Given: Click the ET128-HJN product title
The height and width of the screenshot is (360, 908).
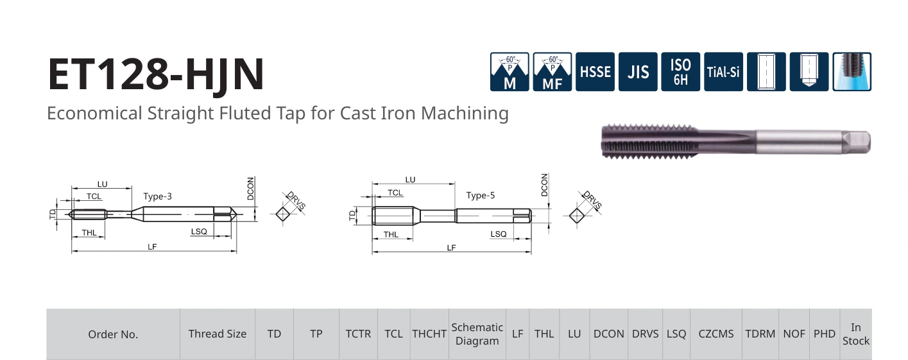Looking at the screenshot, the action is click(x=156, y=75).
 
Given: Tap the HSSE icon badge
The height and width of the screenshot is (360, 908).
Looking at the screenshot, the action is click(x=595, y=72).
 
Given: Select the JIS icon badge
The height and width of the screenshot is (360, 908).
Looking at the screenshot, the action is click(x=638, y=72).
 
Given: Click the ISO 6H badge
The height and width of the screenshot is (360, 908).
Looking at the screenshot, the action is click(x=681, y=72).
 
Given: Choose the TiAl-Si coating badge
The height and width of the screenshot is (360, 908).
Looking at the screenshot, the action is click(x=724, y=72).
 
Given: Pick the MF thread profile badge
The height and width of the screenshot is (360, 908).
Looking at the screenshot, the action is click(x=552, y=72).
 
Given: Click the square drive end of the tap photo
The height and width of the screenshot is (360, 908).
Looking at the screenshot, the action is click(x=856, y=142).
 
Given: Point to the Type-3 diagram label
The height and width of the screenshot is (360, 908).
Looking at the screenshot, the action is click(x=157, y=196).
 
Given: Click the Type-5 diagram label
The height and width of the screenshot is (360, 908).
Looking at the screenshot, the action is click(x=481, y=196).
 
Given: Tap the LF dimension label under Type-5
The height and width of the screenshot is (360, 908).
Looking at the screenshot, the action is click(x=451, y=247).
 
